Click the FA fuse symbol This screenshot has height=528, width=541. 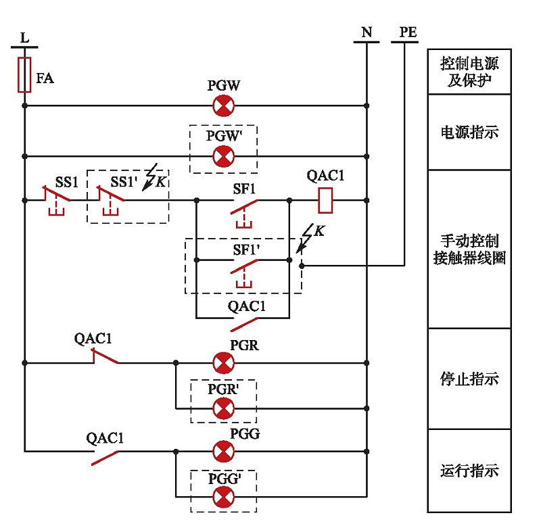pyautogui.click(x=24, y=74)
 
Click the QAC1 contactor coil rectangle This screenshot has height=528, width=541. pyautogui.click(x=326, y=199)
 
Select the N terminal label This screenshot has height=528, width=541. pyautogui.click(x=367, y=32)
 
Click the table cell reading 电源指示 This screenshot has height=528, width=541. pyautogui.click(x=469, y=132)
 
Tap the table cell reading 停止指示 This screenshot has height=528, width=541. pyautogui.click(x=469, y=379)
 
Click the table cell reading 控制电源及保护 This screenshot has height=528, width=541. pyautogui.click(x=469, y=72)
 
